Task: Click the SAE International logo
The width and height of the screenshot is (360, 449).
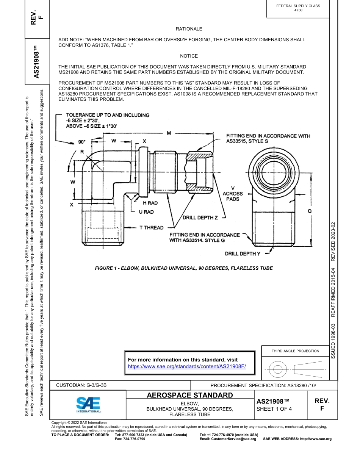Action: [88, 405]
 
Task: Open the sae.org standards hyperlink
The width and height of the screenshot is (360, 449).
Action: [187, 366]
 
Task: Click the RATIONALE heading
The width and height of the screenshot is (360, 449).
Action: [189, 29]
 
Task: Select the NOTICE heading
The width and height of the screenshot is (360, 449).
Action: [189, 56]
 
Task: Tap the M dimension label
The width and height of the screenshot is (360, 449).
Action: [169, 133]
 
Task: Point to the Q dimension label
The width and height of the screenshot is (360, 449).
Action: [310, 211]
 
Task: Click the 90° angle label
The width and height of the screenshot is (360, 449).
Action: [82, 142]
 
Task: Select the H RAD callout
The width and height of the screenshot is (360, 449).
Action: [150, 203]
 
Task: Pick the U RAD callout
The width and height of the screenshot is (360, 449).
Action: [146, 212]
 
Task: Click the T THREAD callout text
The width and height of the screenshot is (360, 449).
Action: [151, 228]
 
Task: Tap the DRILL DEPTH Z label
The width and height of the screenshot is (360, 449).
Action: [200, 218]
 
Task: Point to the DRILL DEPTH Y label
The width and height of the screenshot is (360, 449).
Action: [243, 253]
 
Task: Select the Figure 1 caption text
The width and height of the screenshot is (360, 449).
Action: [183, 268]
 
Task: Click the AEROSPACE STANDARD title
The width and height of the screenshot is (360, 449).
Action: [190, 396]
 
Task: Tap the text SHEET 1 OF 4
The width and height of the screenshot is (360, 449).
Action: [274, 409]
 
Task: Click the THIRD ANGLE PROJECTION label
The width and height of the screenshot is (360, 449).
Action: [295, 351]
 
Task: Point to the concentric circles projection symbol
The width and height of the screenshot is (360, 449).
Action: [278, 368]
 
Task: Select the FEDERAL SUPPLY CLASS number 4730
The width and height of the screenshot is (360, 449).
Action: [298, 10]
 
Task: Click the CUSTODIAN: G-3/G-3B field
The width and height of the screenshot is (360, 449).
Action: [81, 385]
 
